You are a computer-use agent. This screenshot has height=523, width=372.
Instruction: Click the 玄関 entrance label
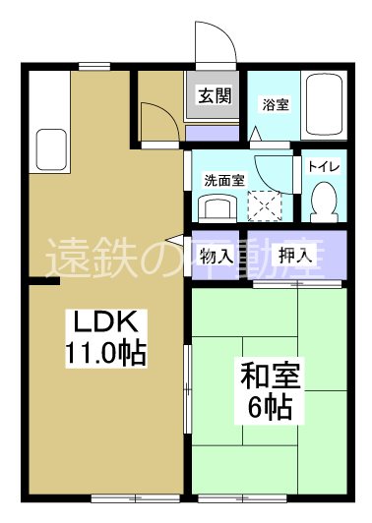coord(215,96)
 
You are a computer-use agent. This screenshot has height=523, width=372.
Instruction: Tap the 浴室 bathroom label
coord(275,104)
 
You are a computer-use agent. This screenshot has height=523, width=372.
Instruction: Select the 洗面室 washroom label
coord(220,180)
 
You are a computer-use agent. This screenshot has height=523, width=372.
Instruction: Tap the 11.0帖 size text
coord(106,352)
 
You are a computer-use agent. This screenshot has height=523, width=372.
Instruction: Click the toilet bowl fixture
coord(322,201)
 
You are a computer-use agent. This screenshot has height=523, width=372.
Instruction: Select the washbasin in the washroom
coord(216,207)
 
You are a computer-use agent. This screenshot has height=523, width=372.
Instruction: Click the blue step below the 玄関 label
coord(214,133)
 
